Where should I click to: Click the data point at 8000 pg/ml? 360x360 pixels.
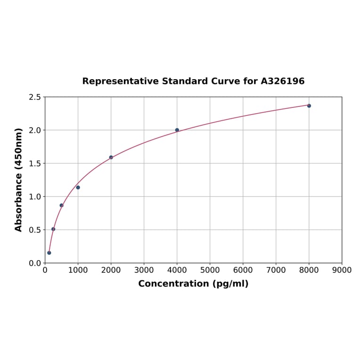[309, 106]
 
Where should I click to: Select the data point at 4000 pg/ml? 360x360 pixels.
[177, 130]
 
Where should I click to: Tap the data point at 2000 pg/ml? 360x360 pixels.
[111, 157]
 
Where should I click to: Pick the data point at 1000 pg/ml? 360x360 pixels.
[78, 188]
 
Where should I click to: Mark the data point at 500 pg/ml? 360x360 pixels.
[61, 205]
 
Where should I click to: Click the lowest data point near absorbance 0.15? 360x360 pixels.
[49, 253]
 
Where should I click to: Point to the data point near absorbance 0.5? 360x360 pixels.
[53, 229]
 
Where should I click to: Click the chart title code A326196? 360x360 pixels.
[282, 82]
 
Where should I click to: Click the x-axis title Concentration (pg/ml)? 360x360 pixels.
[193, 284]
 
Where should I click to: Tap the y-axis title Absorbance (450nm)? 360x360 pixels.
[19, 180]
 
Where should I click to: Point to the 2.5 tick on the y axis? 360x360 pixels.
[35, 97]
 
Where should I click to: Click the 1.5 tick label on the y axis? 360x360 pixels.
[35, 164]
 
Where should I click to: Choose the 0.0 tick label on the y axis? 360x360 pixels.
[35, 263]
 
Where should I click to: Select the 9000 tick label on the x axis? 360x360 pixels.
[342, 270]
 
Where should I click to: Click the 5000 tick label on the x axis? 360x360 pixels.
[210, 270]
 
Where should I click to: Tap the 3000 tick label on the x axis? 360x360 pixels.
[144, 270]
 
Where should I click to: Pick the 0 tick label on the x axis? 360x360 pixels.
[45, 270]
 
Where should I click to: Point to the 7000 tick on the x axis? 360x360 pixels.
[276, 270]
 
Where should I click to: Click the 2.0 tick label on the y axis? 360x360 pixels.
[35, 130]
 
